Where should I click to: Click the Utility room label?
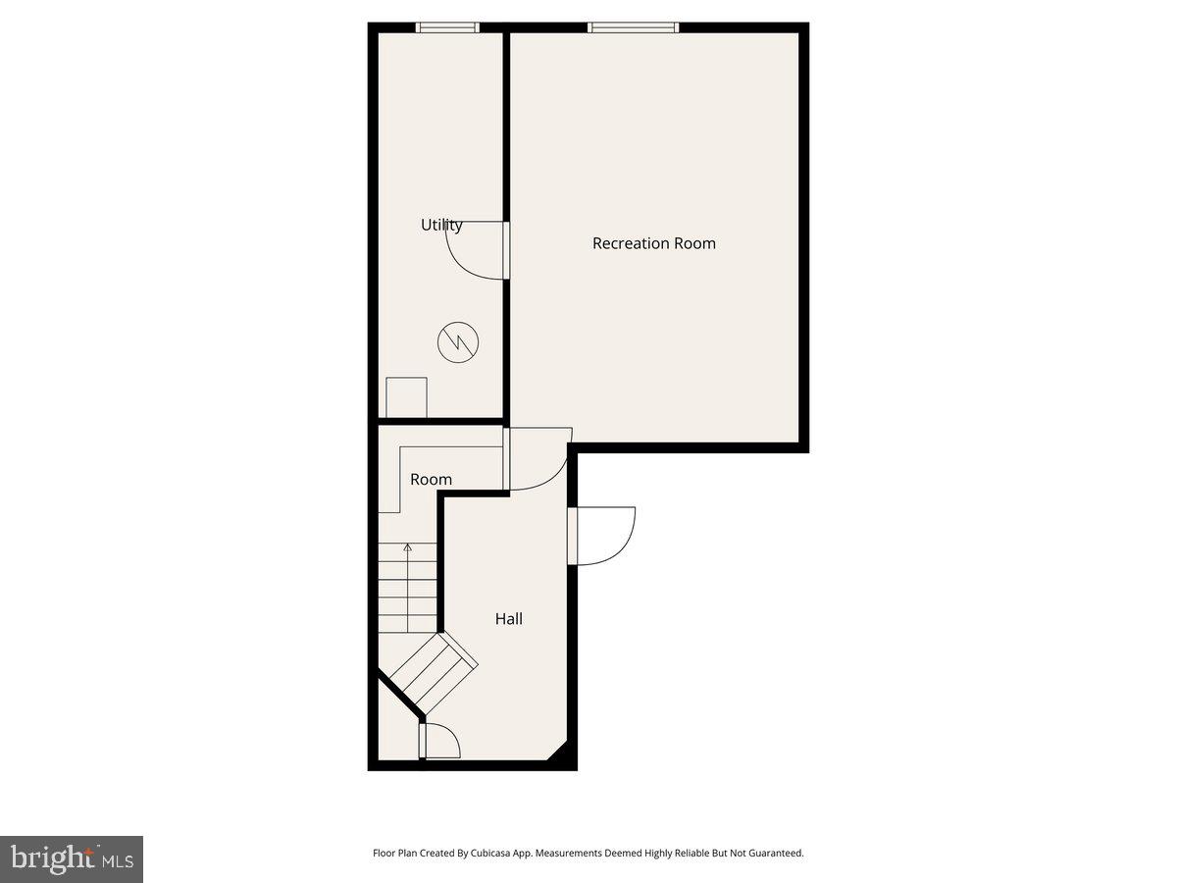[441, 225]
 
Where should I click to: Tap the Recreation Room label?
[654, 243]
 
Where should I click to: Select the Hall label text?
[508, 619]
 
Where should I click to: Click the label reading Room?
[431, 480]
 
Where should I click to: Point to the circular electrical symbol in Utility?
[458, 342]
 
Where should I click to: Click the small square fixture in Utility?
[406, 397]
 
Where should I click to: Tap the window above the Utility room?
[447, 27]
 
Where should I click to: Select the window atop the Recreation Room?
[633, 27]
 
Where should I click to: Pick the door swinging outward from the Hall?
[603, 536]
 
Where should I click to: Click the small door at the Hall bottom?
[438, 740]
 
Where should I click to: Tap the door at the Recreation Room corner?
[537, 458]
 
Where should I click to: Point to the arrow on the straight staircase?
[408, 548]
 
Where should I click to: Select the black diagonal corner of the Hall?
[558, 752]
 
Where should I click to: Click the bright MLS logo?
[71, 859]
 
